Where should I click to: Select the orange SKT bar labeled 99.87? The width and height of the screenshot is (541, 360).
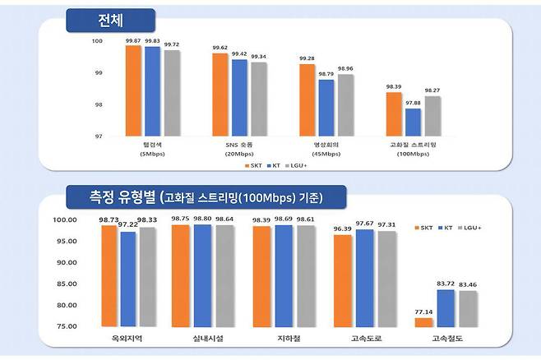click(x=133, y=90)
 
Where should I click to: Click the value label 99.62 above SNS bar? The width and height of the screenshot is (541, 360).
click(x=220, y=48)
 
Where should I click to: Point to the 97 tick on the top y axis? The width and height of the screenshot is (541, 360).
click(x=97, y=136)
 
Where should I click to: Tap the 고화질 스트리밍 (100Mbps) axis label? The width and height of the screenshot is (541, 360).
click(x=414, y=149)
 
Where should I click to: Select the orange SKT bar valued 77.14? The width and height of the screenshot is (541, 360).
click(x=423, y=322)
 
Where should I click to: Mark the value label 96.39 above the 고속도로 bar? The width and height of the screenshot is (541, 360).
click(x=342, y=228)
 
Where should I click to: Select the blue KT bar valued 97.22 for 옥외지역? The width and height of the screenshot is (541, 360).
click(x=128, y=279)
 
